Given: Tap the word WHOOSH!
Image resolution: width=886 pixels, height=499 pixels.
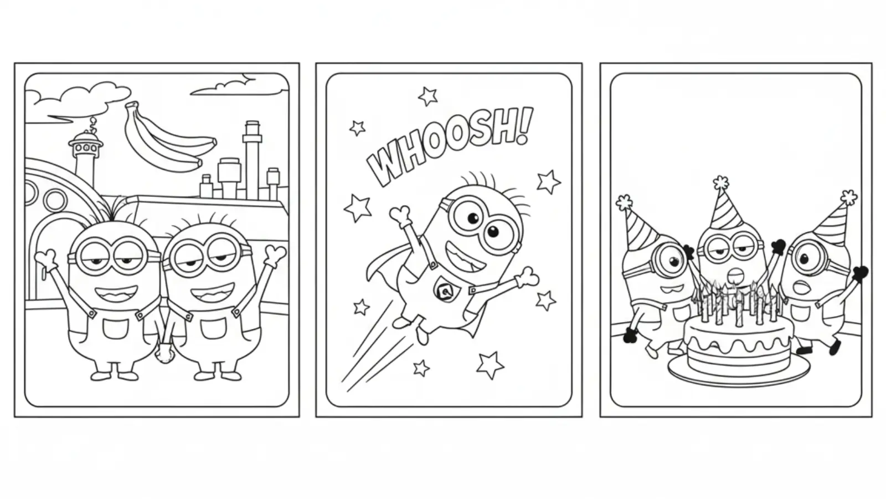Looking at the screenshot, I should pyautogui.click(x=449, y=145).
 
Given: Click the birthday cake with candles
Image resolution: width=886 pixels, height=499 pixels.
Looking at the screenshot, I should pyautogui.click(x=738, y=344).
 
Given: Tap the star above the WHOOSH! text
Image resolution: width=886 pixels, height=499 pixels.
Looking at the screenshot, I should pyautogui.click(x=427, y=96).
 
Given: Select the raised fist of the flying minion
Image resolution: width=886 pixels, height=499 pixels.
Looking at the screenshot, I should pyautogui.click(x=400, y=213).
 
